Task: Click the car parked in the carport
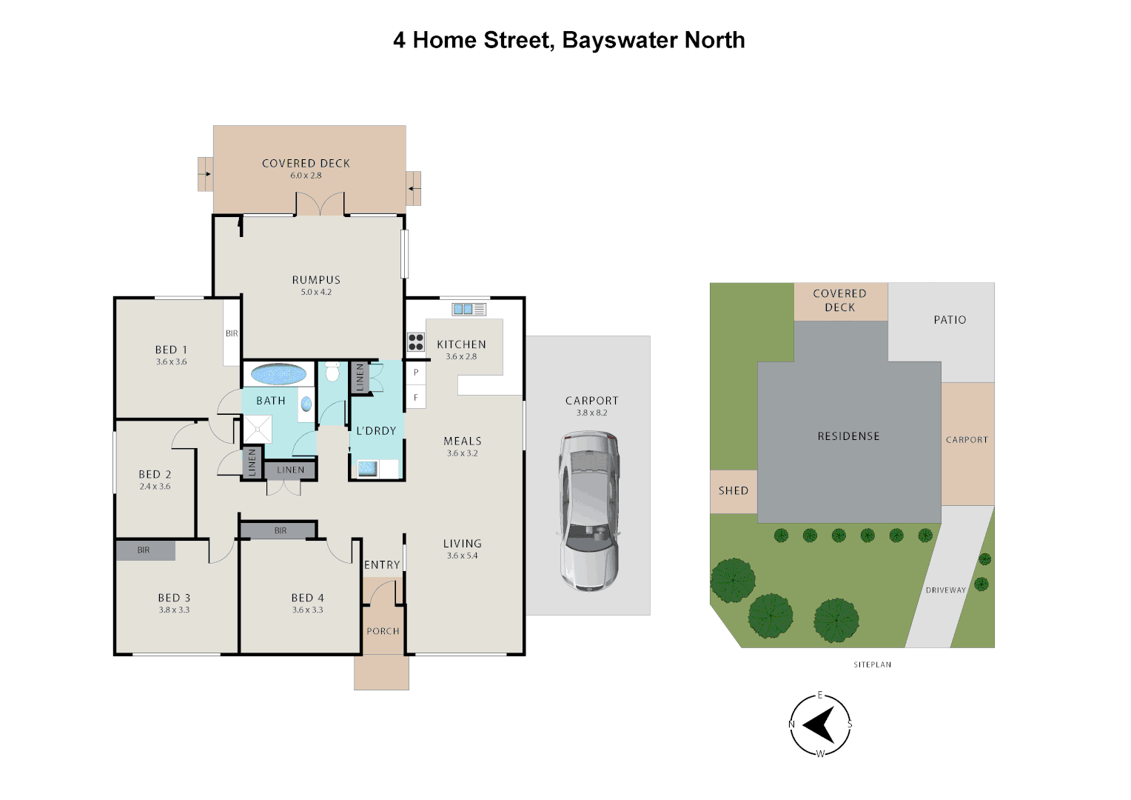pos(588,510)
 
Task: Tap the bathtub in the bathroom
pos(278,375)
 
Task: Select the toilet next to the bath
pos(332,371)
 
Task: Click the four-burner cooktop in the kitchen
pos(416,341)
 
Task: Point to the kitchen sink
pos(469,310)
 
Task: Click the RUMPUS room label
pos(316,280)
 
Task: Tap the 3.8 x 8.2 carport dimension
pos(591,413)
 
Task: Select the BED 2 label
pos(155,475)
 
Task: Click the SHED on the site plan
pos(734,491)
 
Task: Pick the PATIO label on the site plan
pos(950,320)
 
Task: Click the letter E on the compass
pos(820,695)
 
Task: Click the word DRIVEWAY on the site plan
pos(946,590)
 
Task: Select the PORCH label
pos(383,631)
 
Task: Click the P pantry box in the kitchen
pos(415,373)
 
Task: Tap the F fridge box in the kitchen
pos(415,398)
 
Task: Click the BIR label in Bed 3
pos(144,550)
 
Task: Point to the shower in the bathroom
pos(258,429)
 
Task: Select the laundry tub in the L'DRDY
pos(368,468)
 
